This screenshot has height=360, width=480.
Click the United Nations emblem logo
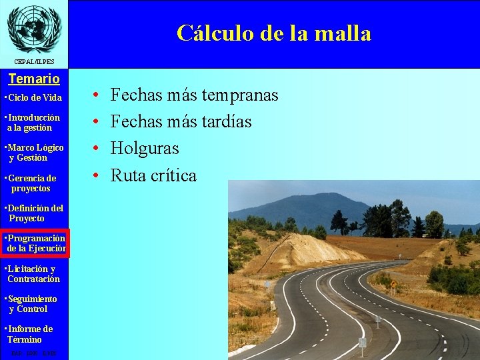click(33, 27)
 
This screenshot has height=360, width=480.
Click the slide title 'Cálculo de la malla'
click(274, 33)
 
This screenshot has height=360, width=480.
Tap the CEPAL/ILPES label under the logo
click(33, 62)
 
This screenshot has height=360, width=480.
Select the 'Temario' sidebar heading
click(34, 79)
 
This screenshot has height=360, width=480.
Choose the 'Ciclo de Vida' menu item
click(33, 98)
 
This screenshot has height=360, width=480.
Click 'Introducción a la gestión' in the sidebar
click(33, 123)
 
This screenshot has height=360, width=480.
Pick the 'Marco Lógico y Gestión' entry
click(34, 153)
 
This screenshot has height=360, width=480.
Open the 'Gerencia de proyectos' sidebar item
click(31, 183)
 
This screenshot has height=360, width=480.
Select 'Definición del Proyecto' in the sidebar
click(34, 213)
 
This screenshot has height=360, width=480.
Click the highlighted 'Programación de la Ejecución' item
click(35, 243)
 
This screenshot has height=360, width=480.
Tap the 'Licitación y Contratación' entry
click(32, 274)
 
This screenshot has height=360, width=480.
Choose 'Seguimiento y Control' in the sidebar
click(31, 304)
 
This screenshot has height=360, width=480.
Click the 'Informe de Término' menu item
click(29, 334)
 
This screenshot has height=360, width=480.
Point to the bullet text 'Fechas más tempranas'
click(194, 95)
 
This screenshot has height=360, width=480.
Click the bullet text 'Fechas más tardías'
click(181, 122)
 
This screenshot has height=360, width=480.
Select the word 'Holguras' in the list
click(145, 149)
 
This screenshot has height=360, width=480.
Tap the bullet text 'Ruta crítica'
click(153, 175)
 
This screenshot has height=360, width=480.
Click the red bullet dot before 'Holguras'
click(97, 149)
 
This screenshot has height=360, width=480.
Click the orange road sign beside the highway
click(393, 284)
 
